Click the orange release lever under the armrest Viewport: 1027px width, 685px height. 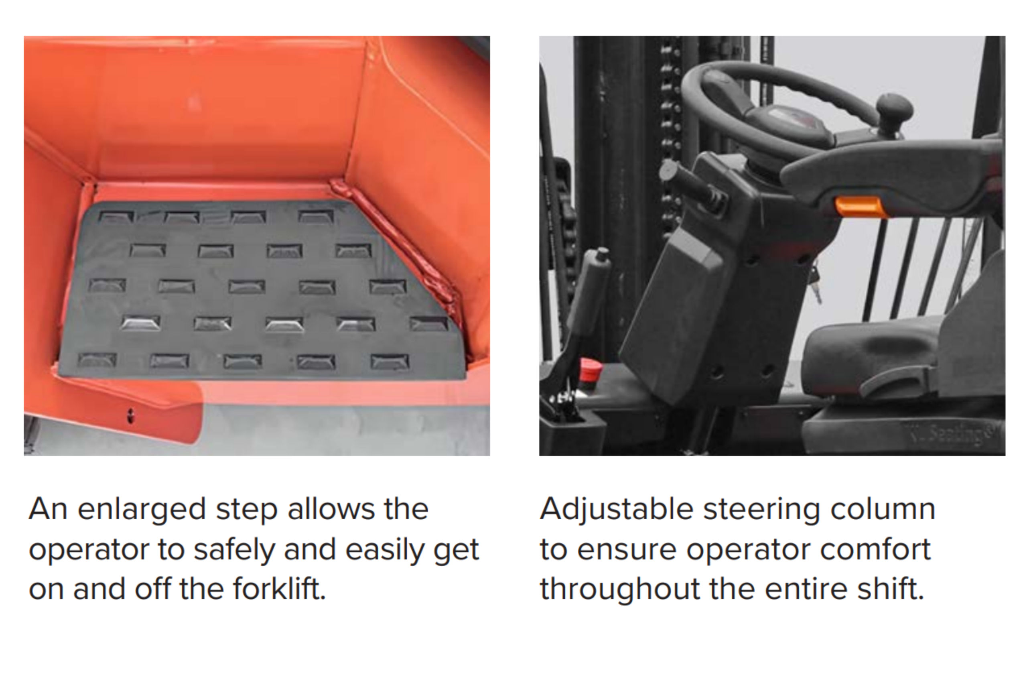(860, 207)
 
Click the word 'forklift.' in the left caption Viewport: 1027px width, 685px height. (279, 589)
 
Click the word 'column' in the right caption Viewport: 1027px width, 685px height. (883, 509)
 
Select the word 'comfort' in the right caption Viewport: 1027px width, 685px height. (875, 549)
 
